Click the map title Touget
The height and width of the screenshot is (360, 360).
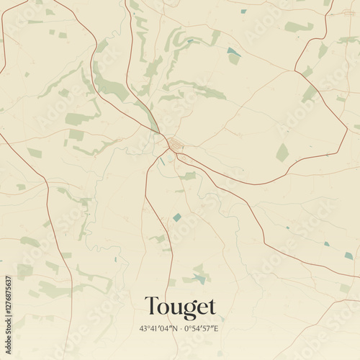click(180, 307)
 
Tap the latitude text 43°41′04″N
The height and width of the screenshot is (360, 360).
click(158, 328)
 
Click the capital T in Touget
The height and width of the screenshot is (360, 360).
click(151, 307)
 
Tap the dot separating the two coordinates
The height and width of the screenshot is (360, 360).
click(180, 328)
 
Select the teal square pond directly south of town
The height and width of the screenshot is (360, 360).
click(177, 217)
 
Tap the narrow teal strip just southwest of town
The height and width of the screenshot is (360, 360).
click(162, 161)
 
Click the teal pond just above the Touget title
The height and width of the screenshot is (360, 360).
click(200, 279)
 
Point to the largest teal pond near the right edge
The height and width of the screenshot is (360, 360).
click(348, 256)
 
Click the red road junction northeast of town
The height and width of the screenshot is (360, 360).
click(294, 71)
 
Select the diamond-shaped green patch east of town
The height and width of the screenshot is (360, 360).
click(282, 153)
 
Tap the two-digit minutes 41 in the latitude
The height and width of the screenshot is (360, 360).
click(153, 328)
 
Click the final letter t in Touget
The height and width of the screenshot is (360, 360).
click(211, 307)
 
